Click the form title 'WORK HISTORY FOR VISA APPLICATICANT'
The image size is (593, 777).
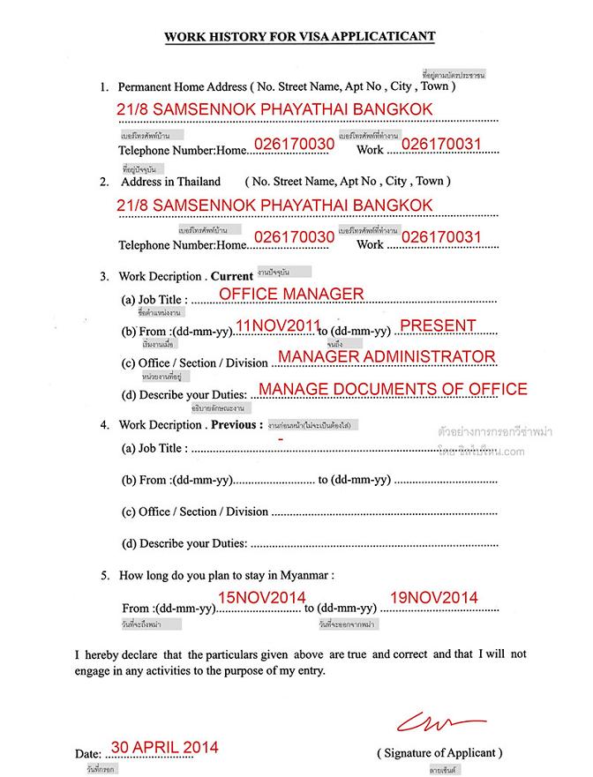(299, 37)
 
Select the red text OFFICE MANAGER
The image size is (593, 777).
(291, 294)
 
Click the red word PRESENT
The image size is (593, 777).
(438, 325)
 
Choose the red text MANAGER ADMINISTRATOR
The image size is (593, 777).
(386, 356)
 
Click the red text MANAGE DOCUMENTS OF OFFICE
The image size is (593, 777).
(393, 388)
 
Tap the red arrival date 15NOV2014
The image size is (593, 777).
(262, 598)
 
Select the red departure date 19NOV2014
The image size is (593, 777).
(433, 598)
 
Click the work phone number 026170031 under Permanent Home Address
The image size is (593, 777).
(441, 144)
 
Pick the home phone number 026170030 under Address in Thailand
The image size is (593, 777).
(294, 237)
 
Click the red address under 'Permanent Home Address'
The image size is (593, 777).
(274, 110)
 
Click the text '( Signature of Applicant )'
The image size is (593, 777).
(440, 753)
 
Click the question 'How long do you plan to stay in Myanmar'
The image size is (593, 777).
(227, 575)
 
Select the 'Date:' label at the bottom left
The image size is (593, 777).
(88, 755)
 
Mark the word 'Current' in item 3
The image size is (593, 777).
(232, 275)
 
